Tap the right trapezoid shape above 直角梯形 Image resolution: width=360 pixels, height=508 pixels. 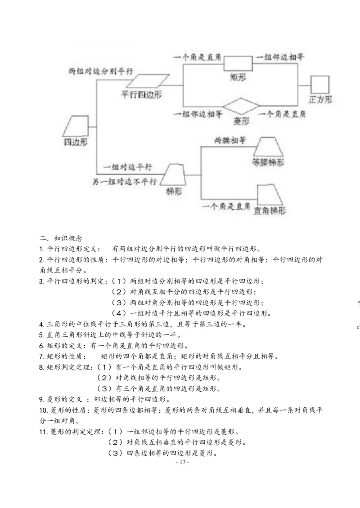coord(268,194)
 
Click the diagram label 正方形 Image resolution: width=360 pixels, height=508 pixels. coord(320,99)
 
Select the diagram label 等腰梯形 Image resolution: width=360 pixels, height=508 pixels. coord(268,162)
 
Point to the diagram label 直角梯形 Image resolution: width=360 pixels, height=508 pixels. coord(269,210)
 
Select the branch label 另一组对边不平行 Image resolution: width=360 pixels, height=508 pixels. coord(125,182)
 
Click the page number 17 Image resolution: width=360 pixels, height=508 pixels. coord(183,462)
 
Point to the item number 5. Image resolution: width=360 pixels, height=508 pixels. coord(41,334)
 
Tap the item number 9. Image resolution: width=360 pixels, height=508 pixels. coord(41,399)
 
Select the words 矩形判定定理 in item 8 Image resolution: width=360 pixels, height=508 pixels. coord(69,367)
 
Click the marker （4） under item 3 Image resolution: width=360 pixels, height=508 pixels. coord(120,313)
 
